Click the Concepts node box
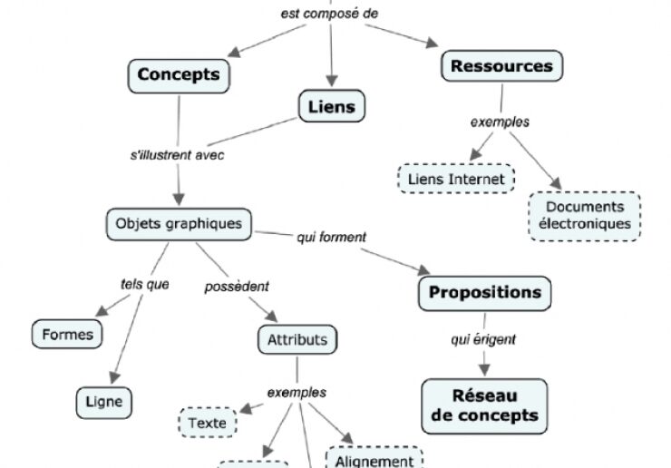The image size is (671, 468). pyautogui.click(x=179, y=74)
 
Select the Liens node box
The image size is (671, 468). pyautogui.click(x=331, y=107)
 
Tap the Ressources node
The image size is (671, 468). pyautogui.click(x=501, y=66)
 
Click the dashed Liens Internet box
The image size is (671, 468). pyautogui.click(x=456, y=179)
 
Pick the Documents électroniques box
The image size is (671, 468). pyautogui.click(x=584, y=215)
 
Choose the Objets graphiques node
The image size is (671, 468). pyautogui.click(x=179, y=222)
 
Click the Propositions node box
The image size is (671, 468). pyautogui.click(x=484, y=293)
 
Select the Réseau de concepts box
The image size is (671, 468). pyautogui.click(x=484, y=405)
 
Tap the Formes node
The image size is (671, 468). pyautogui.click(x=68, y=334)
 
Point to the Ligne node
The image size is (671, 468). pyautogui.click(x=104, y=401)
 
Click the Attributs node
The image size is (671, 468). pyautogui.click(x=297, y=341)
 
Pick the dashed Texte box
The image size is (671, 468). pyautogui.click(x=207, y=423)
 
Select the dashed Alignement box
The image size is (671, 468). pyautogui.click(x=374, y=459)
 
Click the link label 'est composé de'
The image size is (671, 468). pyautogui.click(x=329, y=14)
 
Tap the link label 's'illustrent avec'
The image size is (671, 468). pyautogui.click(x=177, y=154)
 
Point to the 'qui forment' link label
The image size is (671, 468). pyautogui.click(x=331, y=237)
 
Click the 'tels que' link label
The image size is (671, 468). pyautogui.click(x=145, y=284)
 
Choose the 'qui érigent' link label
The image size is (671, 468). pyautogui.click(x=483, y=339)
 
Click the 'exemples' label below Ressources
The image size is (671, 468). pyautogui.click(x=500, y=122)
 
